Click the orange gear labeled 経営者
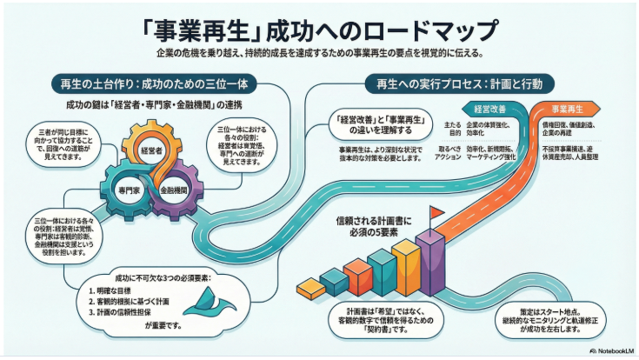(x=151, y=150)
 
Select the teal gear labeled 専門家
(x=128, y=186)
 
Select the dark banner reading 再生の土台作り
(x=142, y=84)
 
